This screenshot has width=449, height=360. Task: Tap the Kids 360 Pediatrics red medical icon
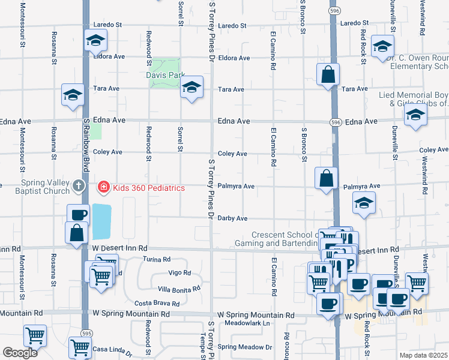coord(103,188)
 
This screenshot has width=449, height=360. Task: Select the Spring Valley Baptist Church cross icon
coord(78,187)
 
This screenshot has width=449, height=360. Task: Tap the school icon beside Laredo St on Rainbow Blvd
coord(95,41)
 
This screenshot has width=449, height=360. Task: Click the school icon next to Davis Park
coord(191,88)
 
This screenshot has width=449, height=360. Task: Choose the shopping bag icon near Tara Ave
coord(328,76)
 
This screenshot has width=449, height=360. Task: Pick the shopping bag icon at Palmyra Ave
coord(327,178)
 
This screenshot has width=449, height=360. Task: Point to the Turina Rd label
coord(157,259)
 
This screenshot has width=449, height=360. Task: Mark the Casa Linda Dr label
coord(107,349)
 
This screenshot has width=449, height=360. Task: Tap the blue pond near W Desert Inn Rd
coord(101,221)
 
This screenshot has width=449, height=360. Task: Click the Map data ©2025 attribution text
coord(423,355)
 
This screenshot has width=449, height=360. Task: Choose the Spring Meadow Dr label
coord(245,347)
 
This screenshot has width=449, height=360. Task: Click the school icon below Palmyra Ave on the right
coord(364,203)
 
